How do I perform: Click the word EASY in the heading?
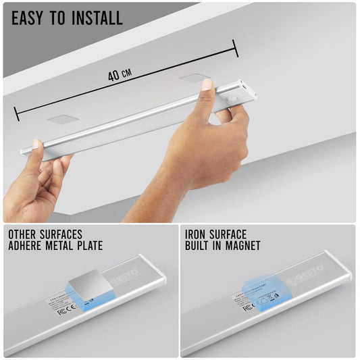(x=31, y=18)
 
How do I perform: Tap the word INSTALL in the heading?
(x=96, y=18)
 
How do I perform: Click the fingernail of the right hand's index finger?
(x=207, y=86)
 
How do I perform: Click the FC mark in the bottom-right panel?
(x=247, y=307)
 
